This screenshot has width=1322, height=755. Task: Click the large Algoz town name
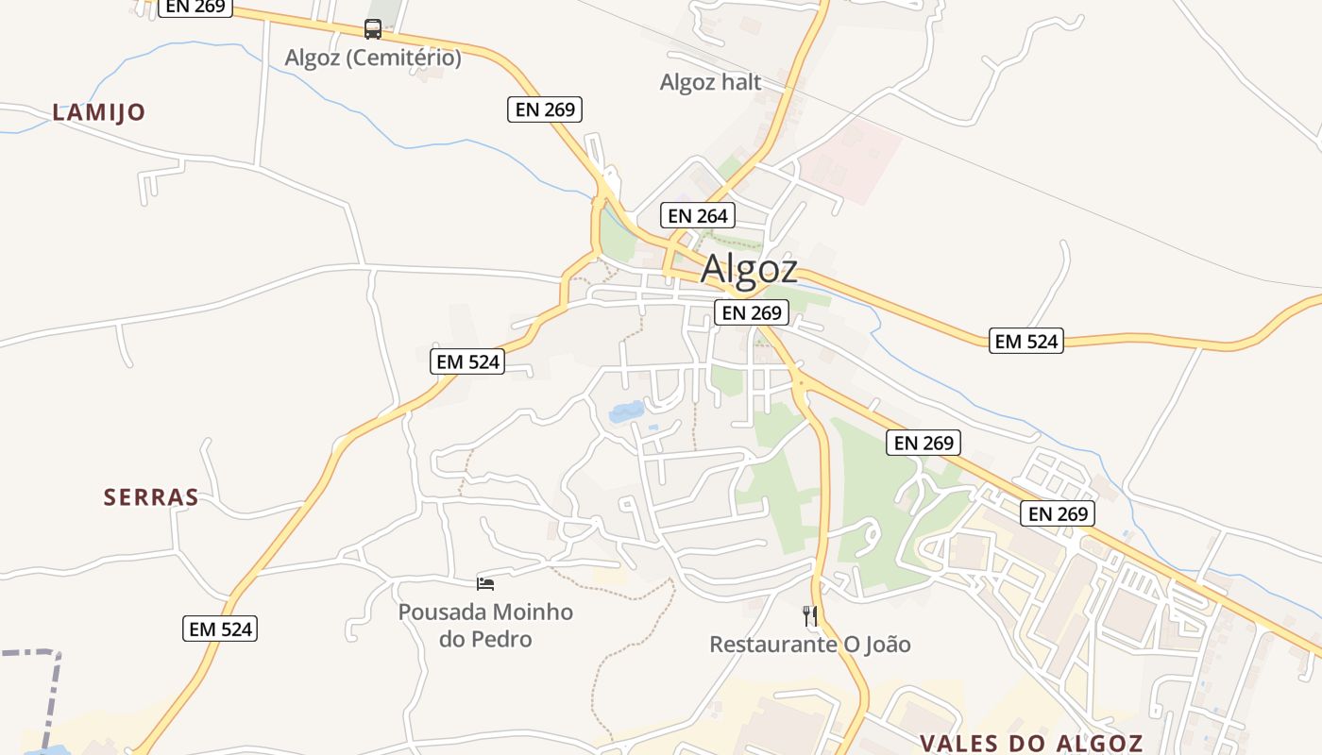[749, 270]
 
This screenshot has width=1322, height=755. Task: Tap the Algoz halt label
[710, 82]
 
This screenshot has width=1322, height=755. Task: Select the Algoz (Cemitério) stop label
[373, 58]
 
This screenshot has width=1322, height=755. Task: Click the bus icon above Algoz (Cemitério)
[373, 29]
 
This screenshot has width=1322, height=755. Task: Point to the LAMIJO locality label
[99, 112]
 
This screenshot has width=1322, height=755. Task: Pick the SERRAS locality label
[151, 497]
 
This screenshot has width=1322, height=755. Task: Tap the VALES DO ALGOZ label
[1031, 743]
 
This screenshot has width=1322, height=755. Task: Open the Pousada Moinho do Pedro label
[485, 625]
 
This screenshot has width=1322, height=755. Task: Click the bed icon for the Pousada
[485, 584]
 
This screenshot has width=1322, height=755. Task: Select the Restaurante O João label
[810, 645]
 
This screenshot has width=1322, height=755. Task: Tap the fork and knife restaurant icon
[810, 616]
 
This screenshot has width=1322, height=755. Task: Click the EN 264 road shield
[698, 215]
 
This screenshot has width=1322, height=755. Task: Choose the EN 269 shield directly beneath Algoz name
[752, 312]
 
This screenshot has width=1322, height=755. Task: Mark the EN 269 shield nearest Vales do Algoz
[1059, 513]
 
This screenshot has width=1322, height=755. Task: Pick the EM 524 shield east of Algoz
[1026, 341]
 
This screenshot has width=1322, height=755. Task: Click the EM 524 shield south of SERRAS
[220, 629]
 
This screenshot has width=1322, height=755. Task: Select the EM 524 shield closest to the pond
[467, 361]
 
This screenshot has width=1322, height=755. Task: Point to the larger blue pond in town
[627, 411]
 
